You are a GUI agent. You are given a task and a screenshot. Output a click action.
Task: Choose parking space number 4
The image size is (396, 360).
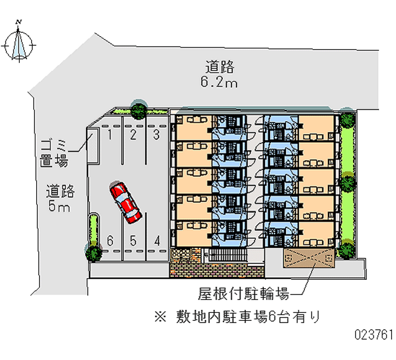[x=157, y=241]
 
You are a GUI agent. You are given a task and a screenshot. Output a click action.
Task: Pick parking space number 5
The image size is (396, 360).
[x=133, y=241]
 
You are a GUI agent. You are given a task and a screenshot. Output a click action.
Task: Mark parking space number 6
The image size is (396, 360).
[x=110, y=241]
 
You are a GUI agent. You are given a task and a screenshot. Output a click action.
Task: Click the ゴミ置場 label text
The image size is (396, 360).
[x=54, y=154]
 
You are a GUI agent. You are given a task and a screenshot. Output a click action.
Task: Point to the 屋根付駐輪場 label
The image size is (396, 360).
[x=244, y=295]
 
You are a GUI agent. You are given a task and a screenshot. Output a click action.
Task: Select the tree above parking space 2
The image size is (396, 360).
[x=139, y=109]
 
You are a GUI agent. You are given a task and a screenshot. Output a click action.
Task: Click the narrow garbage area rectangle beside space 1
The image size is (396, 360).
[x=93, y=147]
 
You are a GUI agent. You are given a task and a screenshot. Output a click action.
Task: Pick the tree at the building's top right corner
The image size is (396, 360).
[x=348, y=119]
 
